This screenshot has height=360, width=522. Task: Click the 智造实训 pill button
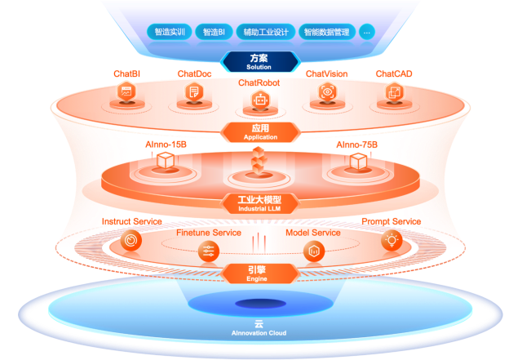170,33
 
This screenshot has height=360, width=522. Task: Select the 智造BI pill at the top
214,33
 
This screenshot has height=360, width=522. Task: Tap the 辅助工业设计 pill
266,33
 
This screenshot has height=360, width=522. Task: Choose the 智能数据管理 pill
325,33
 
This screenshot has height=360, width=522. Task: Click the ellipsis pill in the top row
366,33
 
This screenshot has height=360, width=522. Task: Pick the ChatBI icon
126,92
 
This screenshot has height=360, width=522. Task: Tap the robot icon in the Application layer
259,102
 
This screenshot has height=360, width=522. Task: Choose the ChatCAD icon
393,92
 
